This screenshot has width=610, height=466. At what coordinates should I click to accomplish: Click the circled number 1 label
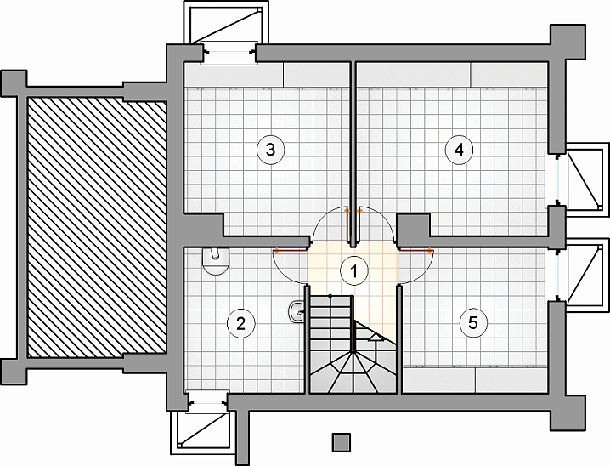(x=354, y=270)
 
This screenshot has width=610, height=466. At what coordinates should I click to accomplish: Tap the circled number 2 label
(x=241, y=323)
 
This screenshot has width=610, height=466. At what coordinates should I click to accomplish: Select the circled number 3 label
(x=271, y=150)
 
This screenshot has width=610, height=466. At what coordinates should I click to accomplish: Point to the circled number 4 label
(x=460, y=150)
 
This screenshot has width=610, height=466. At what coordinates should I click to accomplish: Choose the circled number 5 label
(x=473, y=322)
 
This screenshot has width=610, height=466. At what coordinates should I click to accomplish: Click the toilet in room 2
(x=216, y=262)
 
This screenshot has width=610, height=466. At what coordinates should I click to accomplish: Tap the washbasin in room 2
(x=297, y=311)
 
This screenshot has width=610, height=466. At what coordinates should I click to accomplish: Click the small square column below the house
(x=342, y=443)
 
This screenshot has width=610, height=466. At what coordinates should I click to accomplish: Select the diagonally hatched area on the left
(x=97, y=227)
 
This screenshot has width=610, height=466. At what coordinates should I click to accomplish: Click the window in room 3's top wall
(x=229, y=53)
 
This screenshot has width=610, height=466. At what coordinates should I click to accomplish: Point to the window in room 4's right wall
(x=559, y=180)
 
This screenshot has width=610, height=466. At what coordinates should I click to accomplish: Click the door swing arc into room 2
(x=291, y=267)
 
